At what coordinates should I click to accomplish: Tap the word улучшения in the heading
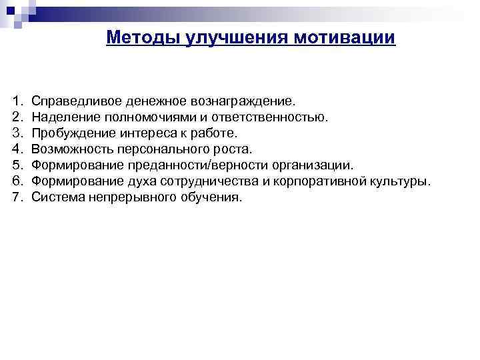coord(215,37)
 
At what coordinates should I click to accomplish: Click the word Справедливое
coord(72,102)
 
